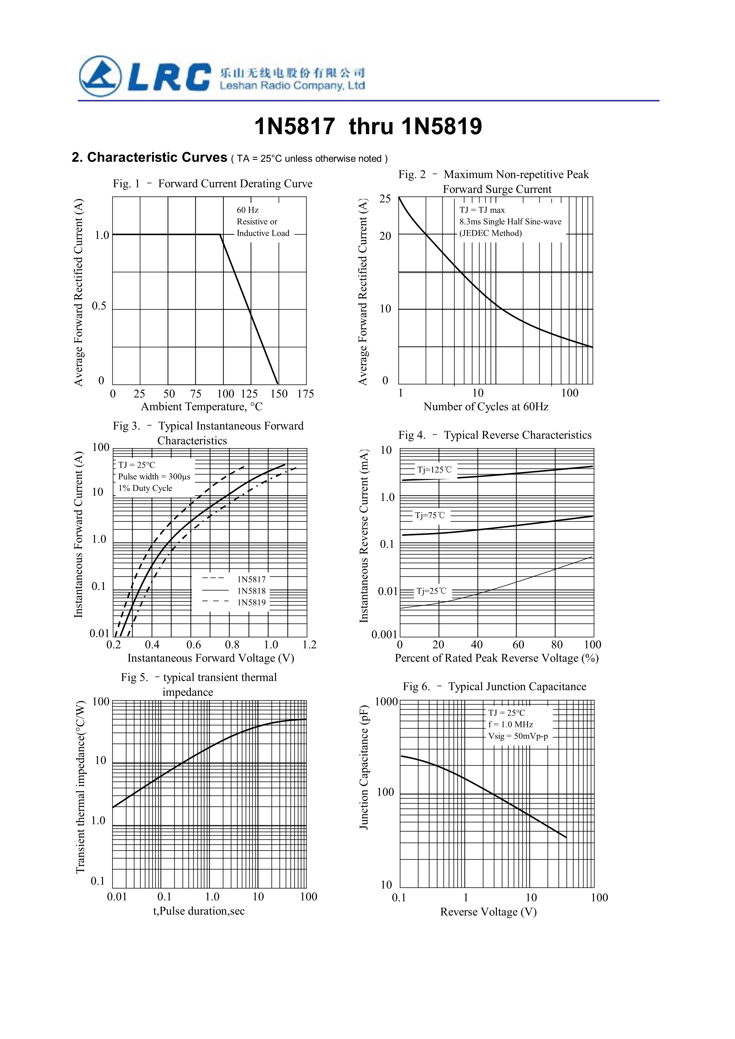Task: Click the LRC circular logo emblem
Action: pyautogui.click(x=101, y=76)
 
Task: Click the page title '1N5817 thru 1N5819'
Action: pyautogui.click(x=368, y=126)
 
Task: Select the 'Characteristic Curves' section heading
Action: pyautogui.click(x=157, y=157)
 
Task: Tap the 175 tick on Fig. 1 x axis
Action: pyautogui.click(x=305, y=394)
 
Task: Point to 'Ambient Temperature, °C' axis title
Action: pyautogui.click(x=201, y=407)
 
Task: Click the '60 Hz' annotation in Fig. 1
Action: pyautogui.click(x=248, y=210)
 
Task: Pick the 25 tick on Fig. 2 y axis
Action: pyautogui.click(x=385, y=199)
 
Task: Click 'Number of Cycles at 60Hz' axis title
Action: pyautogui.click(x=486, y=407)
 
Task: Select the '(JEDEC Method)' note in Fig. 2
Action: pyautogui.click(x=491, y=233)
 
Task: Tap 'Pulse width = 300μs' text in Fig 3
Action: pyautogui.click(x=154, y=477)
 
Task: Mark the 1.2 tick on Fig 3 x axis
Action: pyautogui.click(x=310, y=645)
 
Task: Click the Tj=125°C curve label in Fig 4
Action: pyautogui.click(x=434, y=470)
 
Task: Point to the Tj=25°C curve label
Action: pyautogui.click(x=431, y=591)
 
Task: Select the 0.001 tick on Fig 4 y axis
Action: pyautogui.click(x=384, y=635)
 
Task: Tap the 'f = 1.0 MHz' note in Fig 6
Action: pyautogui.click(x=511, y=724)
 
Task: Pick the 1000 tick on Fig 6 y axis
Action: pyautogui.click(x=386, y=702)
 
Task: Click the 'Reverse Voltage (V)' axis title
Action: pyautogui.click(x=488, y=912)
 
